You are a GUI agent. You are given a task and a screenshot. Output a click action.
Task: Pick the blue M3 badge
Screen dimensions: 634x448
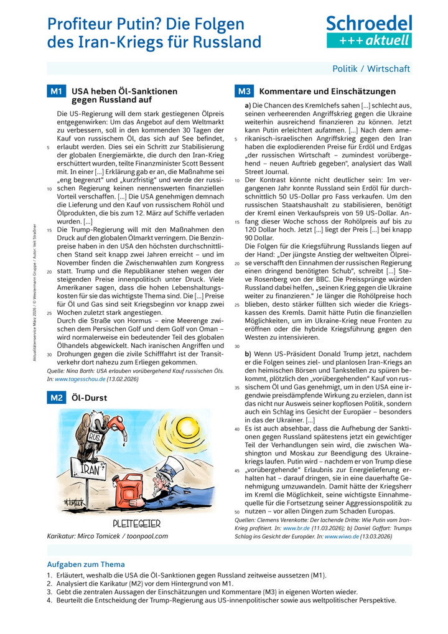point(243,91)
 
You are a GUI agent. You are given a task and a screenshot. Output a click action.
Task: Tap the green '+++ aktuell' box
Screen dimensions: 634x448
point(369,40)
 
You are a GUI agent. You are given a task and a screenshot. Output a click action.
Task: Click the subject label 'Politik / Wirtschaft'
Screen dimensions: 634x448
point(371,68)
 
